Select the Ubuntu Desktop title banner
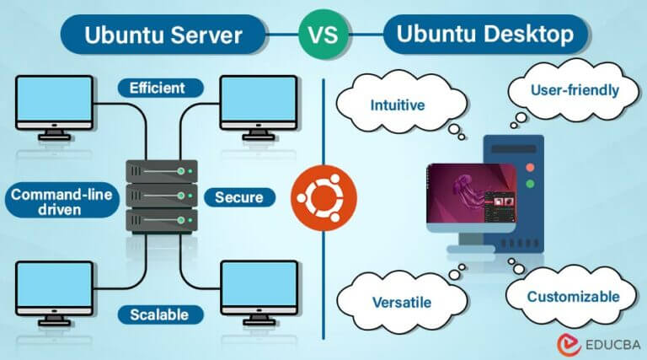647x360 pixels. (481, 35)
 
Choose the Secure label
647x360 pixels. (239, 198)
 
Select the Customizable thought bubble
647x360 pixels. (572, 296)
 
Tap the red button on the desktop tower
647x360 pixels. (531, 182)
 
